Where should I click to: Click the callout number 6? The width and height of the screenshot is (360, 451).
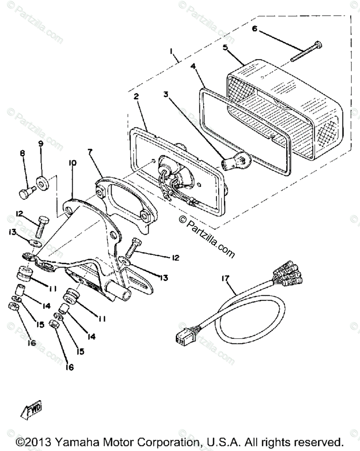click(255, 29)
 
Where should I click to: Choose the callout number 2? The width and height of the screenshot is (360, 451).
click(136, 97)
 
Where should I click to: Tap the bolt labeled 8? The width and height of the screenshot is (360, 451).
click(26, 193)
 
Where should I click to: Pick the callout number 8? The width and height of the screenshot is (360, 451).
click(22, 153)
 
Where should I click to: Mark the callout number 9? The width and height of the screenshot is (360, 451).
click(41, 143)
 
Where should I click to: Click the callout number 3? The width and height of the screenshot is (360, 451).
click(165, 94)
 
